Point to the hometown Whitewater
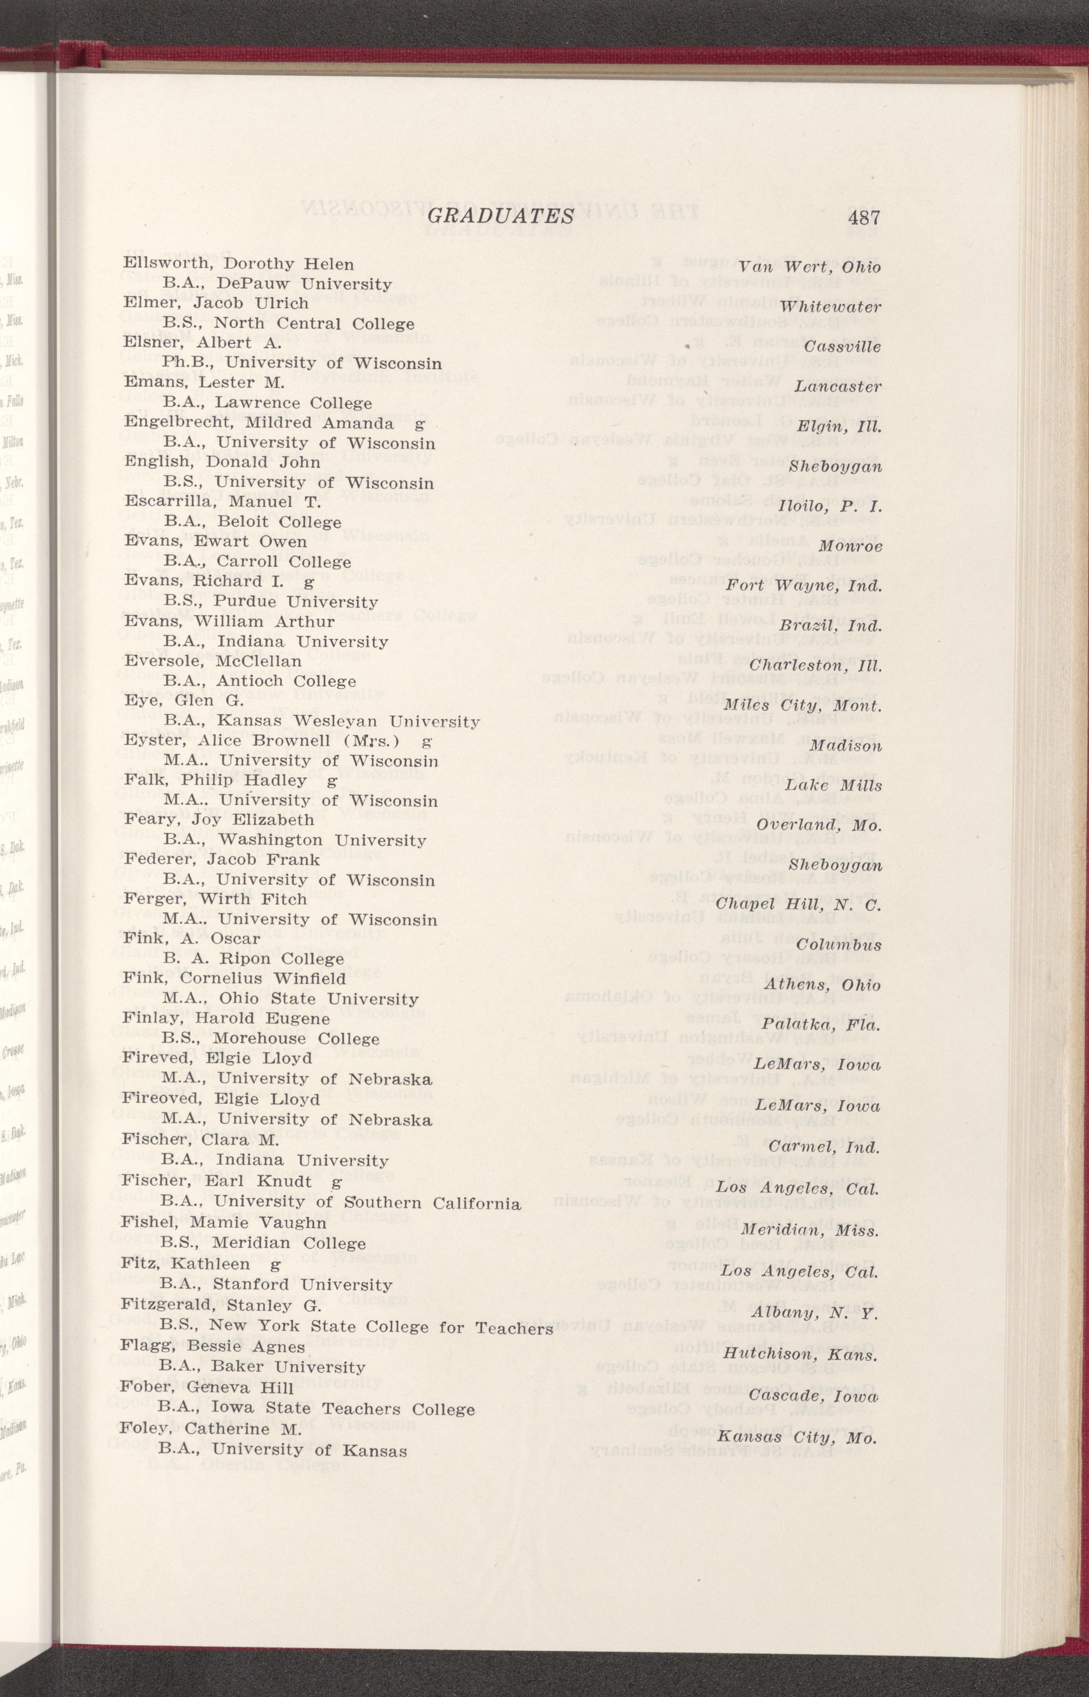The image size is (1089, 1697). coord(831,307)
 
